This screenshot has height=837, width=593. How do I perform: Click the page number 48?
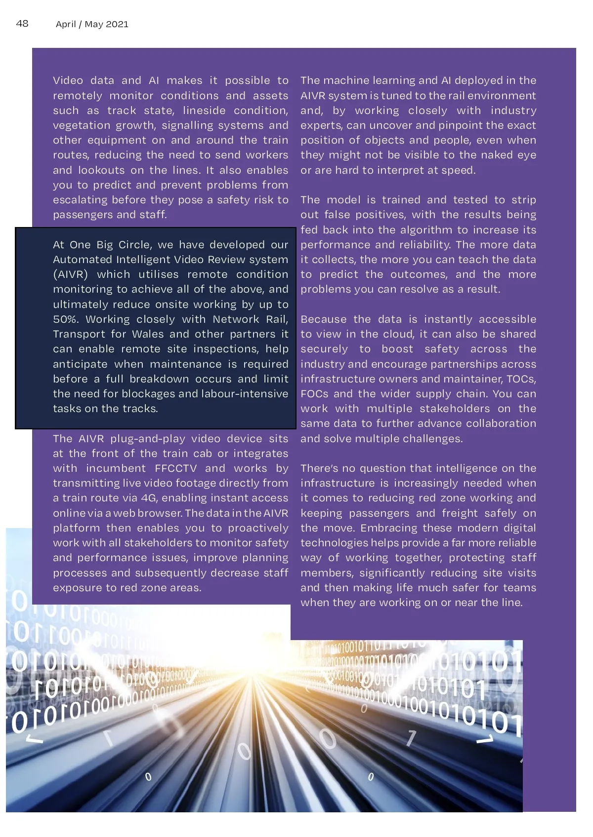point(22,23)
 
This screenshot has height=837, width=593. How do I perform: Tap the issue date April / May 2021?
point(92,24)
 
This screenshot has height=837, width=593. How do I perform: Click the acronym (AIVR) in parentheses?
point(70,274)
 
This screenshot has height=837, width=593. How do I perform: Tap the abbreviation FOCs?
point(314,394)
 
